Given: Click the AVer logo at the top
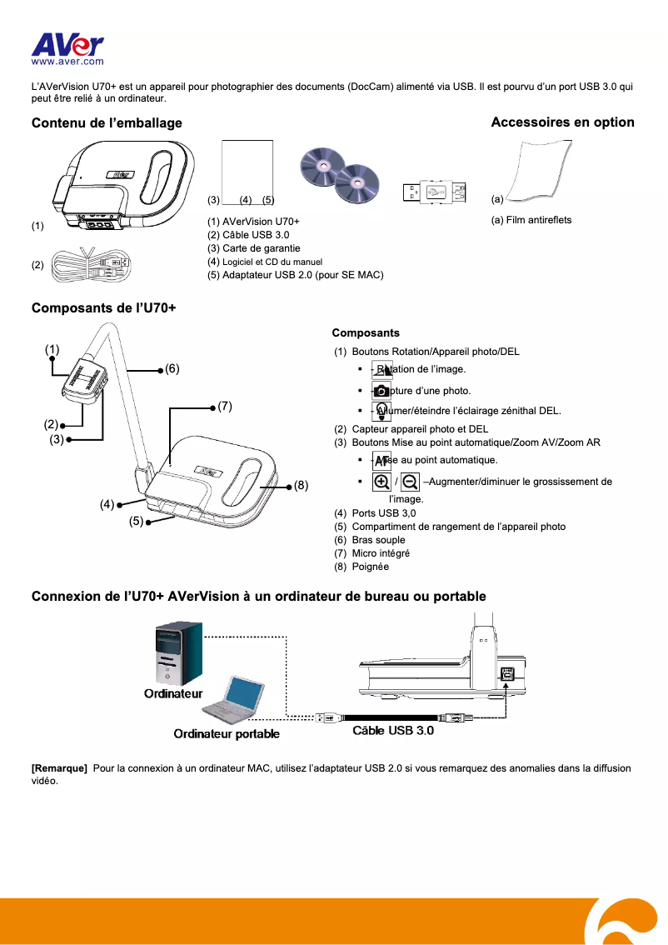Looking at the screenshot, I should [x=67, y=43].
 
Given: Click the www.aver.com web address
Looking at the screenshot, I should [x=67, y=61].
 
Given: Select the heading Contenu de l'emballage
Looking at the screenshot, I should [x=107, y=123].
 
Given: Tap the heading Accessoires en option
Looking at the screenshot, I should [x=562, y=122].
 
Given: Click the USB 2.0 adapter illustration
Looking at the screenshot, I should [x=432, y=192].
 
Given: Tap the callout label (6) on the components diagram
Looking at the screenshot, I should [x=172, y=367].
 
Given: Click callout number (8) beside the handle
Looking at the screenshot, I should [x=301, y=485].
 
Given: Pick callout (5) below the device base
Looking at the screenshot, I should [x=137, y=522].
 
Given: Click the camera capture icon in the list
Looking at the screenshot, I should [x=381, y=391].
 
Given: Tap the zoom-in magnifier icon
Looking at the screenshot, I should [x=381, y=482].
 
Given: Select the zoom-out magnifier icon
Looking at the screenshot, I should [x=410, y=482].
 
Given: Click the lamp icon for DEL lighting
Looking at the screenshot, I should [x=381, y=411].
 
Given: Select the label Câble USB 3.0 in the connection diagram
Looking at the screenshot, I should [x=393, y=731].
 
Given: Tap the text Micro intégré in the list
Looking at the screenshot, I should [x=380, y=552].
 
